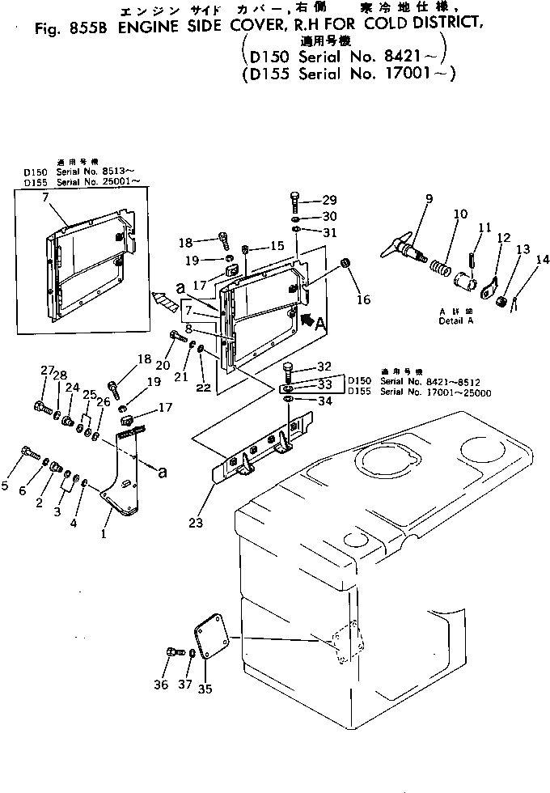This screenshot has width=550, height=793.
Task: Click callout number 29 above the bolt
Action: point(329,200)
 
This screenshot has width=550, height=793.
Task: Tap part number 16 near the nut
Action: point(363,300)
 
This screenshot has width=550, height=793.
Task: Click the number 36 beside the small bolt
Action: point(161,685)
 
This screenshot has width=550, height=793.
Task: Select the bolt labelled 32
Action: point(290,373)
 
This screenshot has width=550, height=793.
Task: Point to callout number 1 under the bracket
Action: point(104,534)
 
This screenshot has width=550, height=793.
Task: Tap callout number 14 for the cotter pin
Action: point(542,260)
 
